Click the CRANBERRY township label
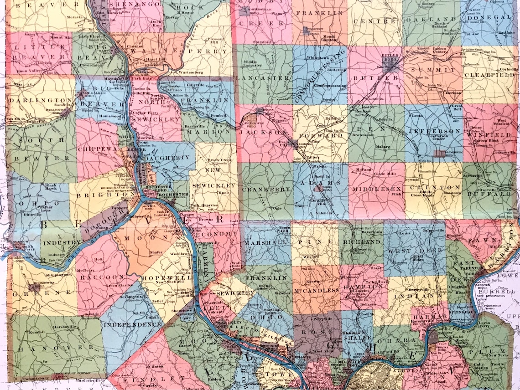266,189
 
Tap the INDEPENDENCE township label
132,325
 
